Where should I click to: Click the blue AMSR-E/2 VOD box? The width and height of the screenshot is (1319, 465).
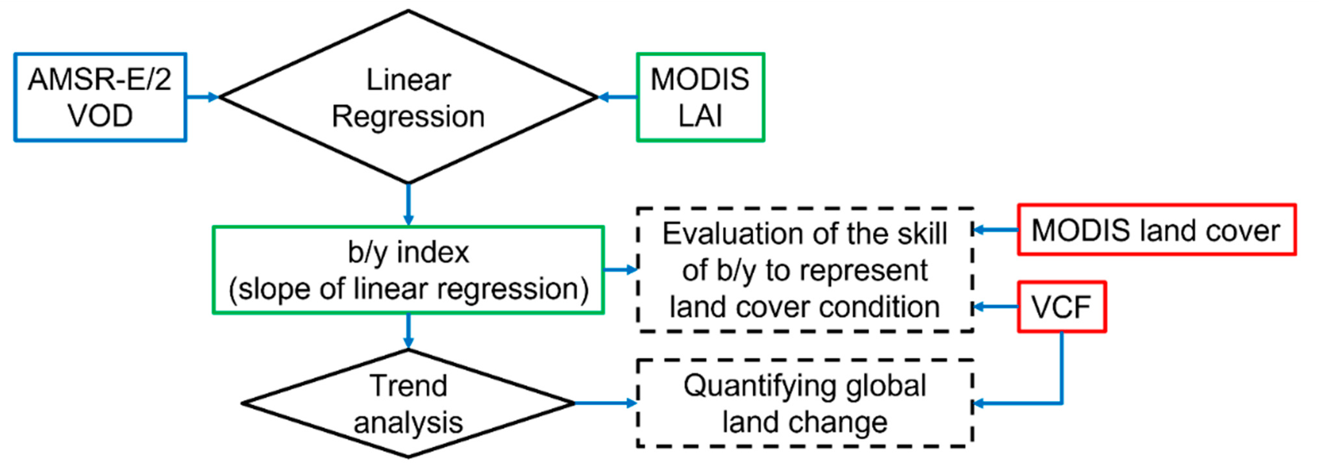[100, 97]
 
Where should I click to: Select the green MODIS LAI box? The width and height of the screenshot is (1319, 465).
[700, 97]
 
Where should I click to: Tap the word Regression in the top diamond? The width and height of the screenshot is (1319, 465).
[408, 117]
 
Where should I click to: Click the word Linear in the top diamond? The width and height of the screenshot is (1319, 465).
[408, 80]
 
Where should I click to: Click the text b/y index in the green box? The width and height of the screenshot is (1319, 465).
[408, 252]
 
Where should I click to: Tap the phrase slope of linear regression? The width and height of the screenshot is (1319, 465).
[408, 289]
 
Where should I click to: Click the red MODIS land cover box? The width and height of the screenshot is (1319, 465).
[1156, 230]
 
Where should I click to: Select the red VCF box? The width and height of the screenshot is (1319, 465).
[1061, 307]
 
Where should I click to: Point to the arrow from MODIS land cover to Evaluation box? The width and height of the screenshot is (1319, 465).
[995, 230]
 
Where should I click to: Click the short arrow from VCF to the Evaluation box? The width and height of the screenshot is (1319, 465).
[995, 307]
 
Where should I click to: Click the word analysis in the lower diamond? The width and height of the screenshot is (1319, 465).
[408, 423]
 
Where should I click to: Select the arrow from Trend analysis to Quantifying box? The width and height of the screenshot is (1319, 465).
[606, 403]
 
